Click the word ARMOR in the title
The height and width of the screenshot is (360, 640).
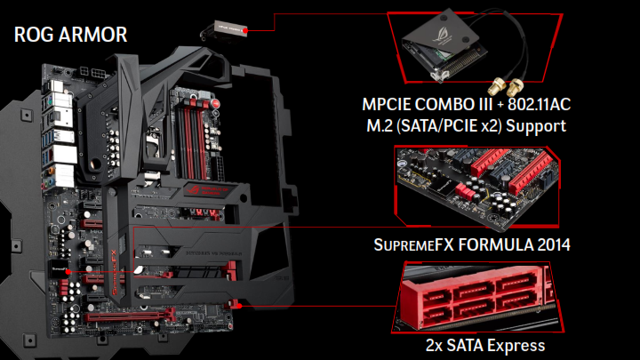pyautogui.click(x=93, y=35)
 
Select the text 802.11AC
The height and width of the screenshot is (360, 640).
pyautogui.click(x=540, y=105)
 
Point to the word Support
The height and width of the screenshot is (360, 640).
pyautogui.click(x=536, y=126)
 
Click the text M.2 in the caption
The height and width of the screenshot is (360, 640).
pyautogui.click(x=380, y=125)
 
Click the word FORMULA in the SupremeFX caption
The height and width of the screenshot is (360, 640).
pyautogui.click(x=495, y=245)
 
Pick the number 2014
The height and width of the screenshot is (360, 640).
pyautogui.click(x=554, y=245)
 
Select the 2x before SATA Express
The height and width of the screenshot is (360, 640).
pyautogui.click(x=434, y=346)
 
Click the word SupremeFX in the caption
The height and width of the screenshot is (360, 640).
pyautogui.click(x=414, y=245)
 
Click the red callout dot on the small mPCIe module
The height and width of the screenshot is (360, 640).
pyautogui.click(x=245, y=30)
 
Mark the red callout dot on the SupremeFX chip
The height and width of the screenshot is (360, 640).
pyautogui.click(x=68, y=271)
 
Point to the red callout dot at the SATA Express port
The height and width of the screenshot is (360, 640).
pyautogui.click(x=240, y=305)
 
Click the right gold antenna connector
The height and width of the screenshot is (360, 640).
pyautogui.click(x=516, y=85)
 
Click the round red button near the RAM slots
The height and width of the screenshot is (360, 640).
pyautogui.click(x=215, y=103)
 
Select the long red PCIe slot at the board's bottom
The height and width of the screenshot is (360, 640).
pyautogui.click(x=130, y=316)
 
